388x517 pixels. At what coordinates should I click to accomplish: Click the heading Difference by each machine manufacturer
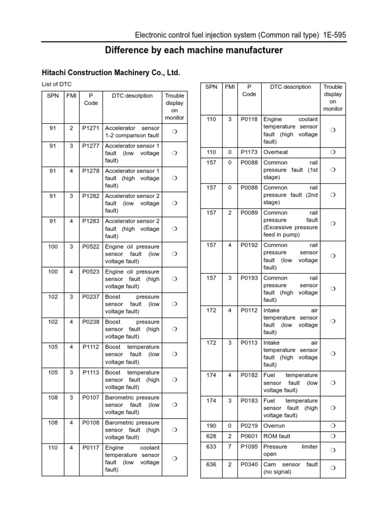[193, 50]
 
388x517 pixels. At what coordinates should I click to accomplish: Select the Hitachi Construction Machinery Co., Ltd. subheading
[110, 73]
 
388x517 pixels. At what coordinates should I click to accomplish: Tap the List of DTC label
[57, 84]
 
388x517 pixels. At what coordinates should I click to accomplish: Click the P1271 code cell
[91, 128]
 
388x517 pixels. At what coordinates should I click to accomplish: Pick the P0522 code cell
[91, 246]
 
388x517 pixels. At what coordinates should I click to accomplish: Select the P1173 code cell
[249, 151]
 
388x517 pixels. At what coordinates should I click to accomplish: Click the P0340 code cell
[249, 464]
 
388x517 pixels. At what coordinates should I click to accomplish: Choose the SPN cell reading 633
[211, 447]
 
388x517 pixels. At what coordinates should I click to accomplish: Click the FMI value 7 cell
[230, 447]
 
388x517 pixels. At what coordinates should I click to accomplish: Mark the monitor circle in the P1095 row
[332, 450]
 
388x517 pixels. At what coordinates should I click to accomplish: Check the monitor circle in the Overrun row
[332, 426]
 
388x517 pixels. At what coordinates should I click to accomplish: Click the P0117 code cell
[91, 448]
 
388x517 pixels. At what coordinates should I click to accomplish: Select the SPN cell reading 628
[211, 436]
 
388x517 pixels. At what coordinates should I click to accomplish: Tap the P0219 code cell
[249, 426]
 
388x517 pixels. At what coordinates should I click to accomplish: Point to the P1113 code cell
[91, 373]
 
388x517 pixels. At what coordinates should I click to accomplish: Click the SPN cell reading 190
[211, 426]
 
